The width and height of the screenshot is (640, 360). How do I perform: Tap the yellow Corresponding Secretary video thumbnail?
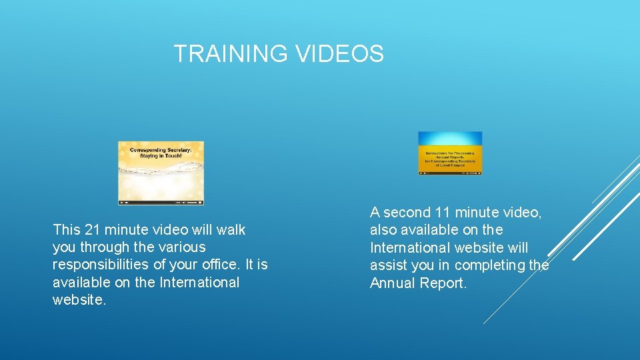[x=161, y=173]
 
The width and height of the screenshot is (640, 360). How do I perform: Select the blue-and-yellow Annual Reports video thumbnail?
[x=450, y=153]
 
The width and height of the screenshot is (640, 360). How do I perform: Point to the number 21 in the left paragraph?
[x=92, y=230]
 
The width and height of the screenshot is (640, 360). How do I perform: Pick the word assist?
[x=389, y=265]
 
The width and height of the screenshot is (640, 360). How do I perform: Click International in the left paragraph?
[x=199, y=283]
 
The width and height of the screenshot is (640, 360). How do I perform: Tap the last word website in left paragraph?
[x=78, y=300]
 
